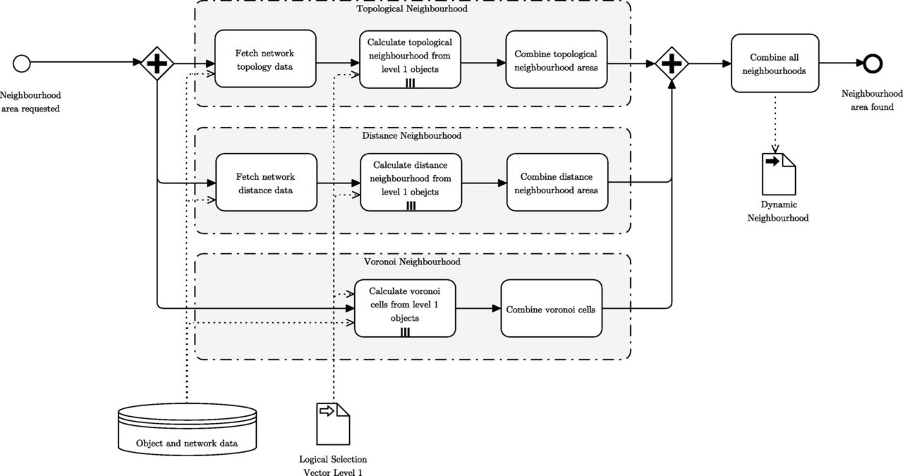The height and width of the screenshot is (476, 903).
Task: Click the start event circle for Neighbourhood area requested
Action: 21,63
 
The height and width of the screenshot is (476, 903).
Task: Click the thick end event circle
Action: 873,63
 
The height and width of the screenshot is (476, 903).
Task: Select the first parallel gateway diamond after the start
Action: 157,63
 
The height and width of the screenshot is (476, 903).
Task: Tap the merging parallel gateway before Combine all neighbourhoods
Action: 672,63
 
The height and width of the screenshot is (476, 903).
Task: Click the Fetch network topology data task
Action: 265,59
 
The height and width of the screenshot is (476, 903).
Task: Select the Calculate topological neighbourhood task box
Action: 410,59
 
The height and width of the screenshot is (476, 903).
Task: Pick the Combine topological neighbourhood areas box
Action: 557,59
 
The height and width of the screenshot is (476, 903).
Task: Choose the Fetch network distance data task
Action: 266,182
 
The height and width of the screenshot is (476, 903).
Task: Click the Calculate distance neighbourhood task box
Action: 411,182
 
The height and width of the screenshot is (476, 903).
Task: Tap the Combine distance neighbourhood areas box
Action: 557,182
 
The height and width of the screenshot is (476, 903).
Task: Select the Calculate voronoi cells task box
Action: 405,308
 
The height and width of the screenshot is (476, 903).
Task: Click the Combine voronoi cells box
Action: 552,308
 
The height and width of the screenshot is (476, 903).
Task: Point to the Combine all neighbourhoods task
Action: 775,63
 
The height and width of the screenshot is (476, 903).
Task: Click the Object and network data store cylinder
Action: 187,429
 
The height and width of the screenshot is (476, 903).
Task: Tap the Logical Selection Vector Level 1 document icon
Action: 333,424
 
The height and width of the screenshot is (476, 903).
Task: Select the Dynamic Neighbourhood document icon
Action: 778,174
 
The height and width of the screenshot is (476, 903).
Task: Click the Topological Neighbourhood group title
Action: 412,9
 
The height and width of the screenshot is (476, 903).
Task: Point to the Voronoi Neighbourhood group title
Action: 412,262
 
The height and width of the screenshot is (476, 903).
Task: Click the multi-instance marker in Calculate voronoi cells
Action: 405,332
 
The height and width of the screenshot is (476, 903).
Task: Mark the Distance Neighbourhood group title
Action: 411,136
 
